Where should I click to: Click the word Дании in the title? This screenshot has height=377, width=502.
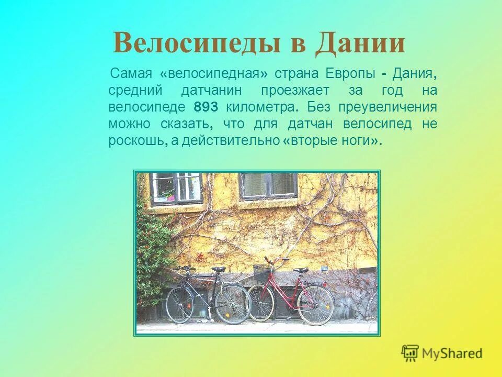(360, 43)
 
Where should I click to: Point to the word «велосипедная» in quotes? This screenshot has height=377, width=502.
(210, 74)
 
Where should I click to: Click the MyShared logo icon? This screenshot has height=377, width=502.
(410, 352)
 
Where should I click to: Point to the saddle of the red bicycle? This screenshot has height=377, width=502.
(301, 270)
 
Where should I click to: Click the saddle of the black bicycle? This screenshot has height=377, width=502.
(219, 269)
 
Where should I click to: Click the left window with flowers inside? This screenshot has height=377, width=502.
(176, 187)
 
